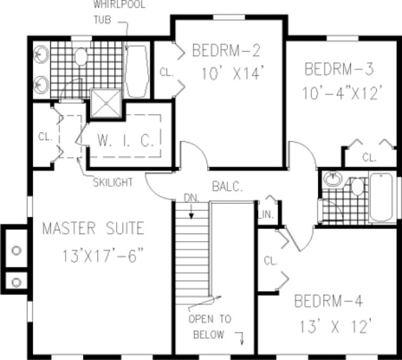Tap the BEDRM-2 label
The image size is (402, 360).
point(226,52)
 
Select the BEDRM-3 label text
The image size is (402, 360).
point(339,69)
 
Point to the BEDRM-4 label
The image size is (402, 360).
point(329,301)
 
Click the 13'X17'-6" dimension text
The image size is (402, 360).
point(101,255)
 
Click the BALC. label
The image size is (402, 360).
point(227,185)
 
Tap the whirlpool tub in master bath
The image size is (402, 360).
point(136,70)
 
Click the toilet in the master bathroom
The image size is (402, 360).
point(81,56)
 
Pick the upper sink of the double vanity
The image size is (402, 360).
point(41,54)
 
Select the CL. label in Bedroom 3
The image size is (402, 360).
point(369,158)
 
